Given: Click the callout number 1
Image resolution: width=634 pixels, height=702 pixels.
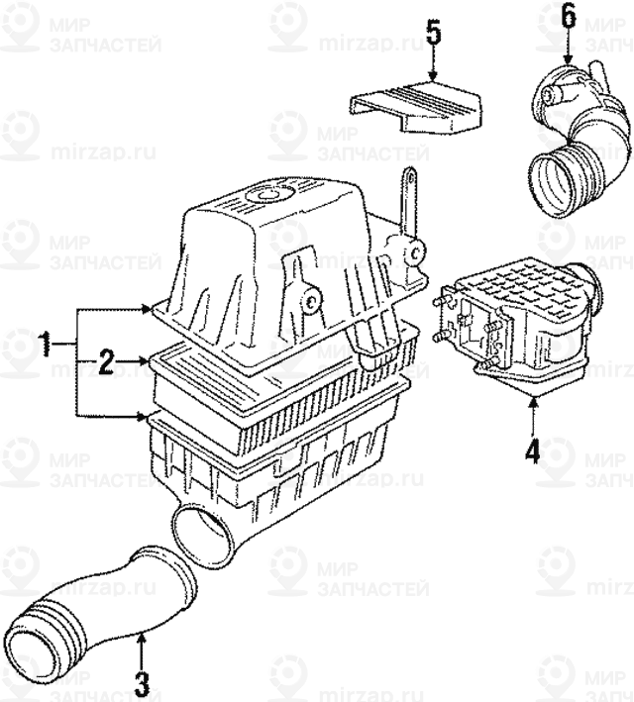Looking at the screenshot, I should click(45, 346).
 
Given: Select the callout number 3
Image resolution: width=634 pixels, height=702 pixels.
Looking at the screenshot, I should click(142, 682).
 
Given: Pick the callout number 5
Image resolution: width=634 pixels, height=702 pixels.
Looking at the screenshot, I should click(433, 32).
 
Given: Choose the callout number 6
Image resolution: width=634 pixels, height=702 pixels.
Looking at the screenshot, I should click(567, 14).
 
